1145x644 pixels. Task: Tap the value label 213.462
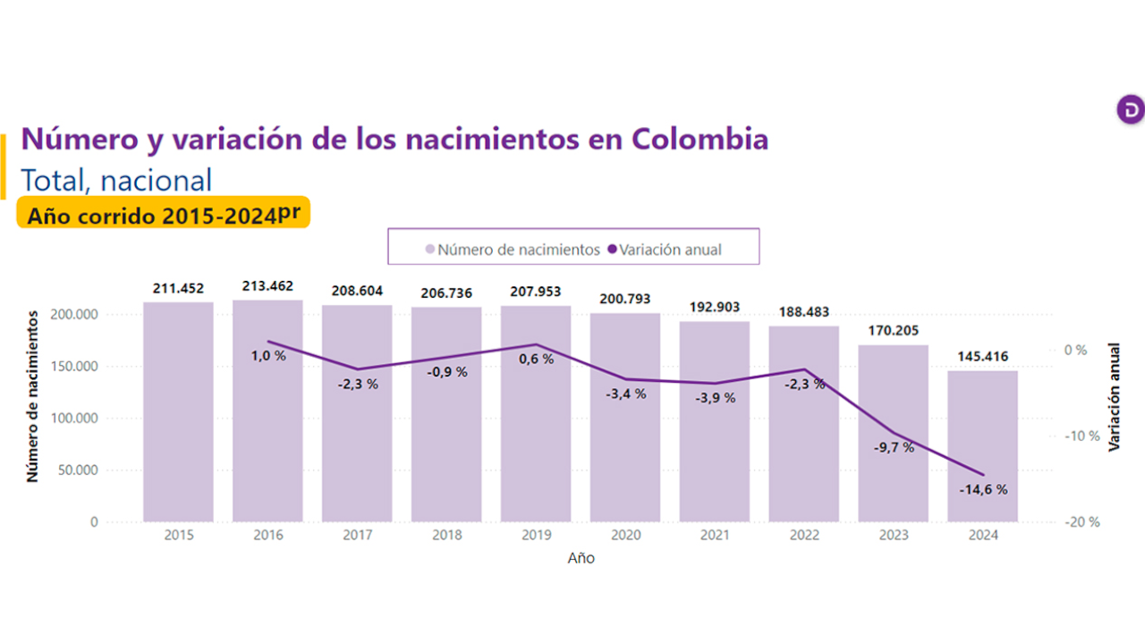[267, 287]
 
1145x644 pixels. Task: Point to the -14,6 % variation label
[983, 489]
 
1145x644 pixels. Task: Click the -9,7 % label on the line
[894, 447]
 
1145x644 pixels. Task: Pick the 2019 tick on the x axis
[536, 535]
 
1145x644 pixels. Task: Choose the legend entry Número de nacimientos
[512, 250]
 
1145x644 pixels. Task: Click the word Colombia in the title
[700, 140]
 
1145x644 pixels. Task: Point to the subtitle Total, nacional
[116, 180]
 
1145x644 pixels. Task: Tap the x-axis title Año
[581, 558]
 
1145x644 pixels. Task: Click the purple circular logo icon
[1131, 109]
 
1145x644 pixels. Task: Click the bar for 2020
[625, 420]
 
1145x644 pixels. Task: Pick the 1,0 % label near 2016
[267, 355]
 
